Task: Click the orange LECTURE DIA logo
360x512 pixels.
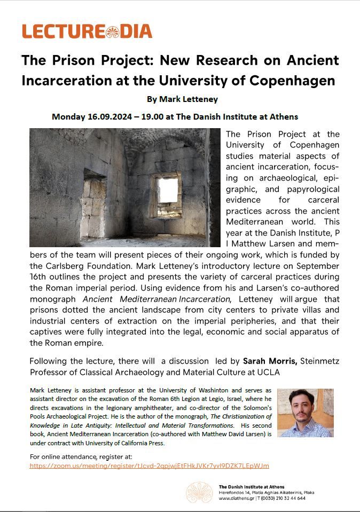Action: (87, 31)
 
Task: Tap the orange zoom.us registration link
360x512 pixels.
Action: (149, 466)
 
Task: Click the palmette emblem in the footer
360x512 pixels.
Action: (199, 492)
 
